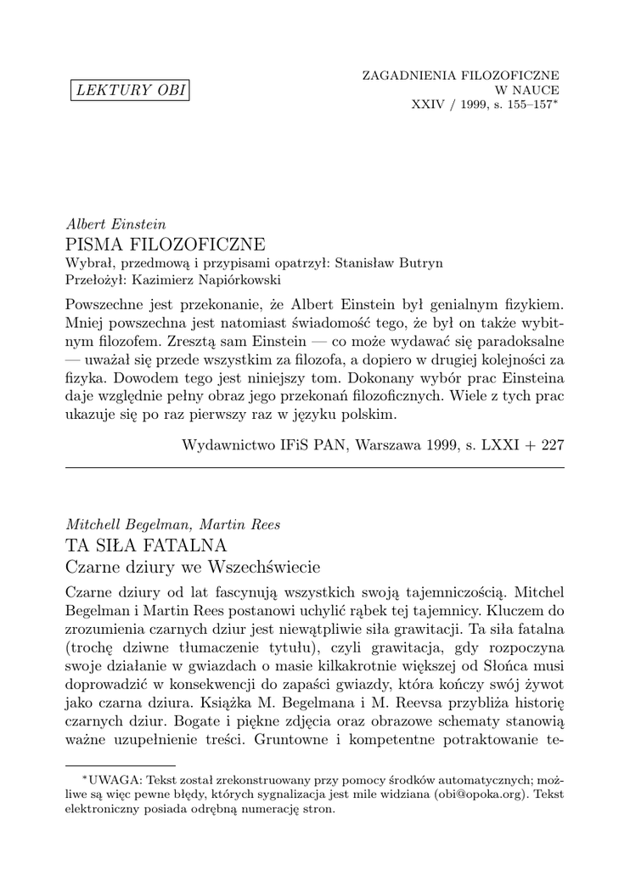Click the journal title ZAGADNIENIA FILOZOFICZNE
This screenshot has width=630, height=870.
461,75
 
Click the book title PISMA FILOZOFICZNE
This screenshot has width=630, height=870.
166,244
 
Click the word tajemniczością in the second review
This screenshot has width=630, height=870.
446,589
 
